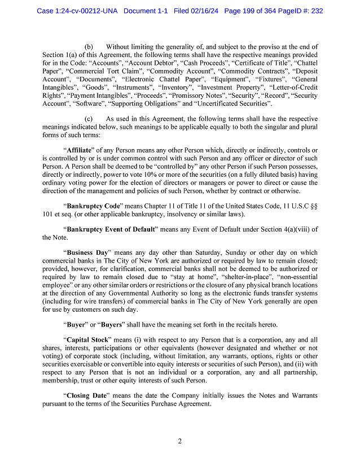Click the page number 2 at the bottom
pos(179,442)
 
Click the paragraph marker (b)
pos(89,46)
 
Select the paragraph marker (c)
pos(89,119)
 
